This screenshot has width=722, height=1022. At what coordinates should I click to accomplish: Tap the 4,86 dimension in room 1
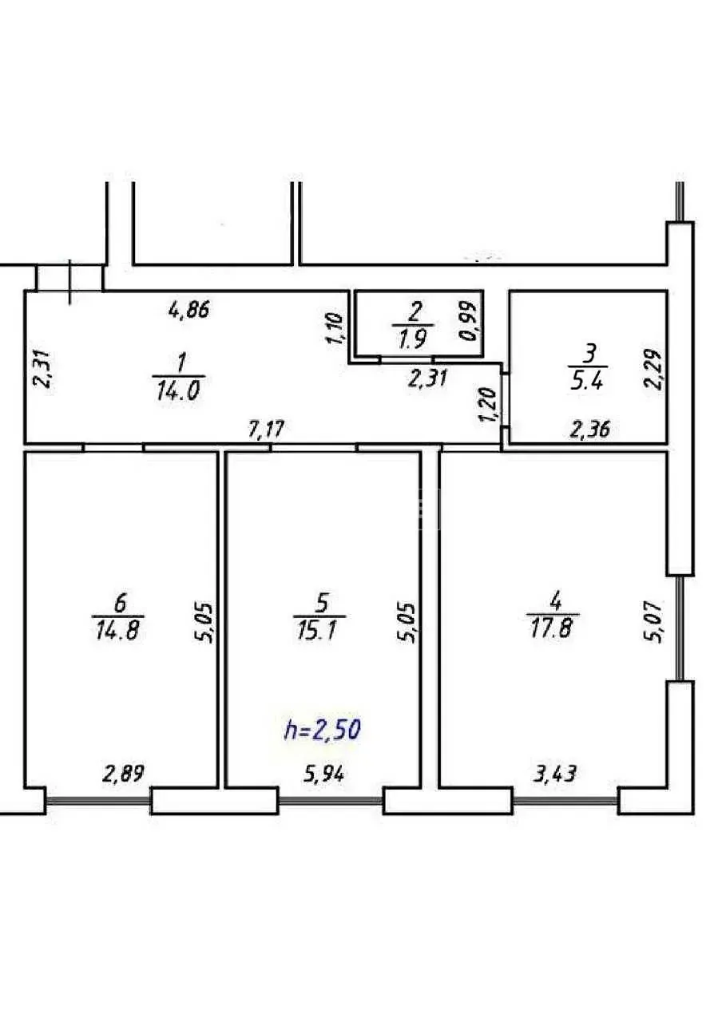coord(188,311)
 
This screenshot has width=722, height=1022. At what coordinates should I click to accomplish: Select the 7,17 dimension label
coord(267,430)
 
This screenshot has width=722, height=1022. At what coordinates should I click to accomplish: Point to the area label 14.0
coord(178,391)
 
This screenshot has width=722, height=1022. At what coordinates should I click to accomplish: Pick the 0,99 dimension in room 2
coord(468,321)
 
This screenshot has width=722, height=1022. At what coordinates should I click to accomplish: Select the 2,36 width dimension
coord(589,430)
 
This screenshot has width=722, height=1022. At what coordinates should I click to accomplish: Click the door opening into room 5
coord(314,448)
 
